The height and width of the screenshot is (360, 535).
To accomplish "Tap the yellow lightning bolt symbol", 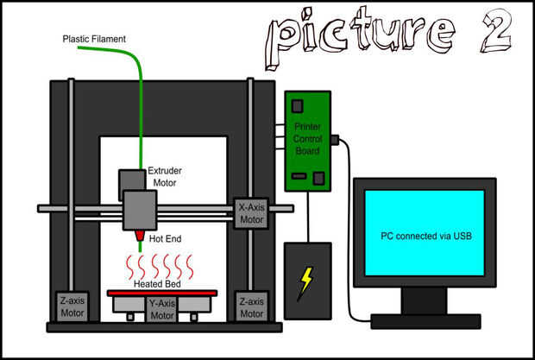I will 306,283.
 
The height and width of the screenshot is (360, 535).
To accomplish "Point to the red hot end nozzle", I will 138,235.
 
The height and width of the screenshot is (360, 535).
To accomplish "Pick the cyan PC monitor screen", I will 425,234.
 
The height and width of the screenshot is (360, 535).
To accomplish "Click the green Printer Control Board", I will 308,140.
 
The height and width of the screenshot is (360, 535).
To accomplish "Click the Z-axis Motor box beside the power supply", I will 251,306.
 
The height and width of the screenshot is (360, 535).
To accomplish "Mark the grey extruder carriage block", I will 139,210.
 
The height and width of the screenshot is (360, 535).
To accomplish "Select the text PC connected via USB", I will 425,235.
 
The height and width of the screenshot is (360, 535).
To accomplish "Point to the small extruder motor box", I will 132,180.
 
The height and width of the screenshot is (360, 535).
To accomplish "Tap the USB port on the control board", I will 335,138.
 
